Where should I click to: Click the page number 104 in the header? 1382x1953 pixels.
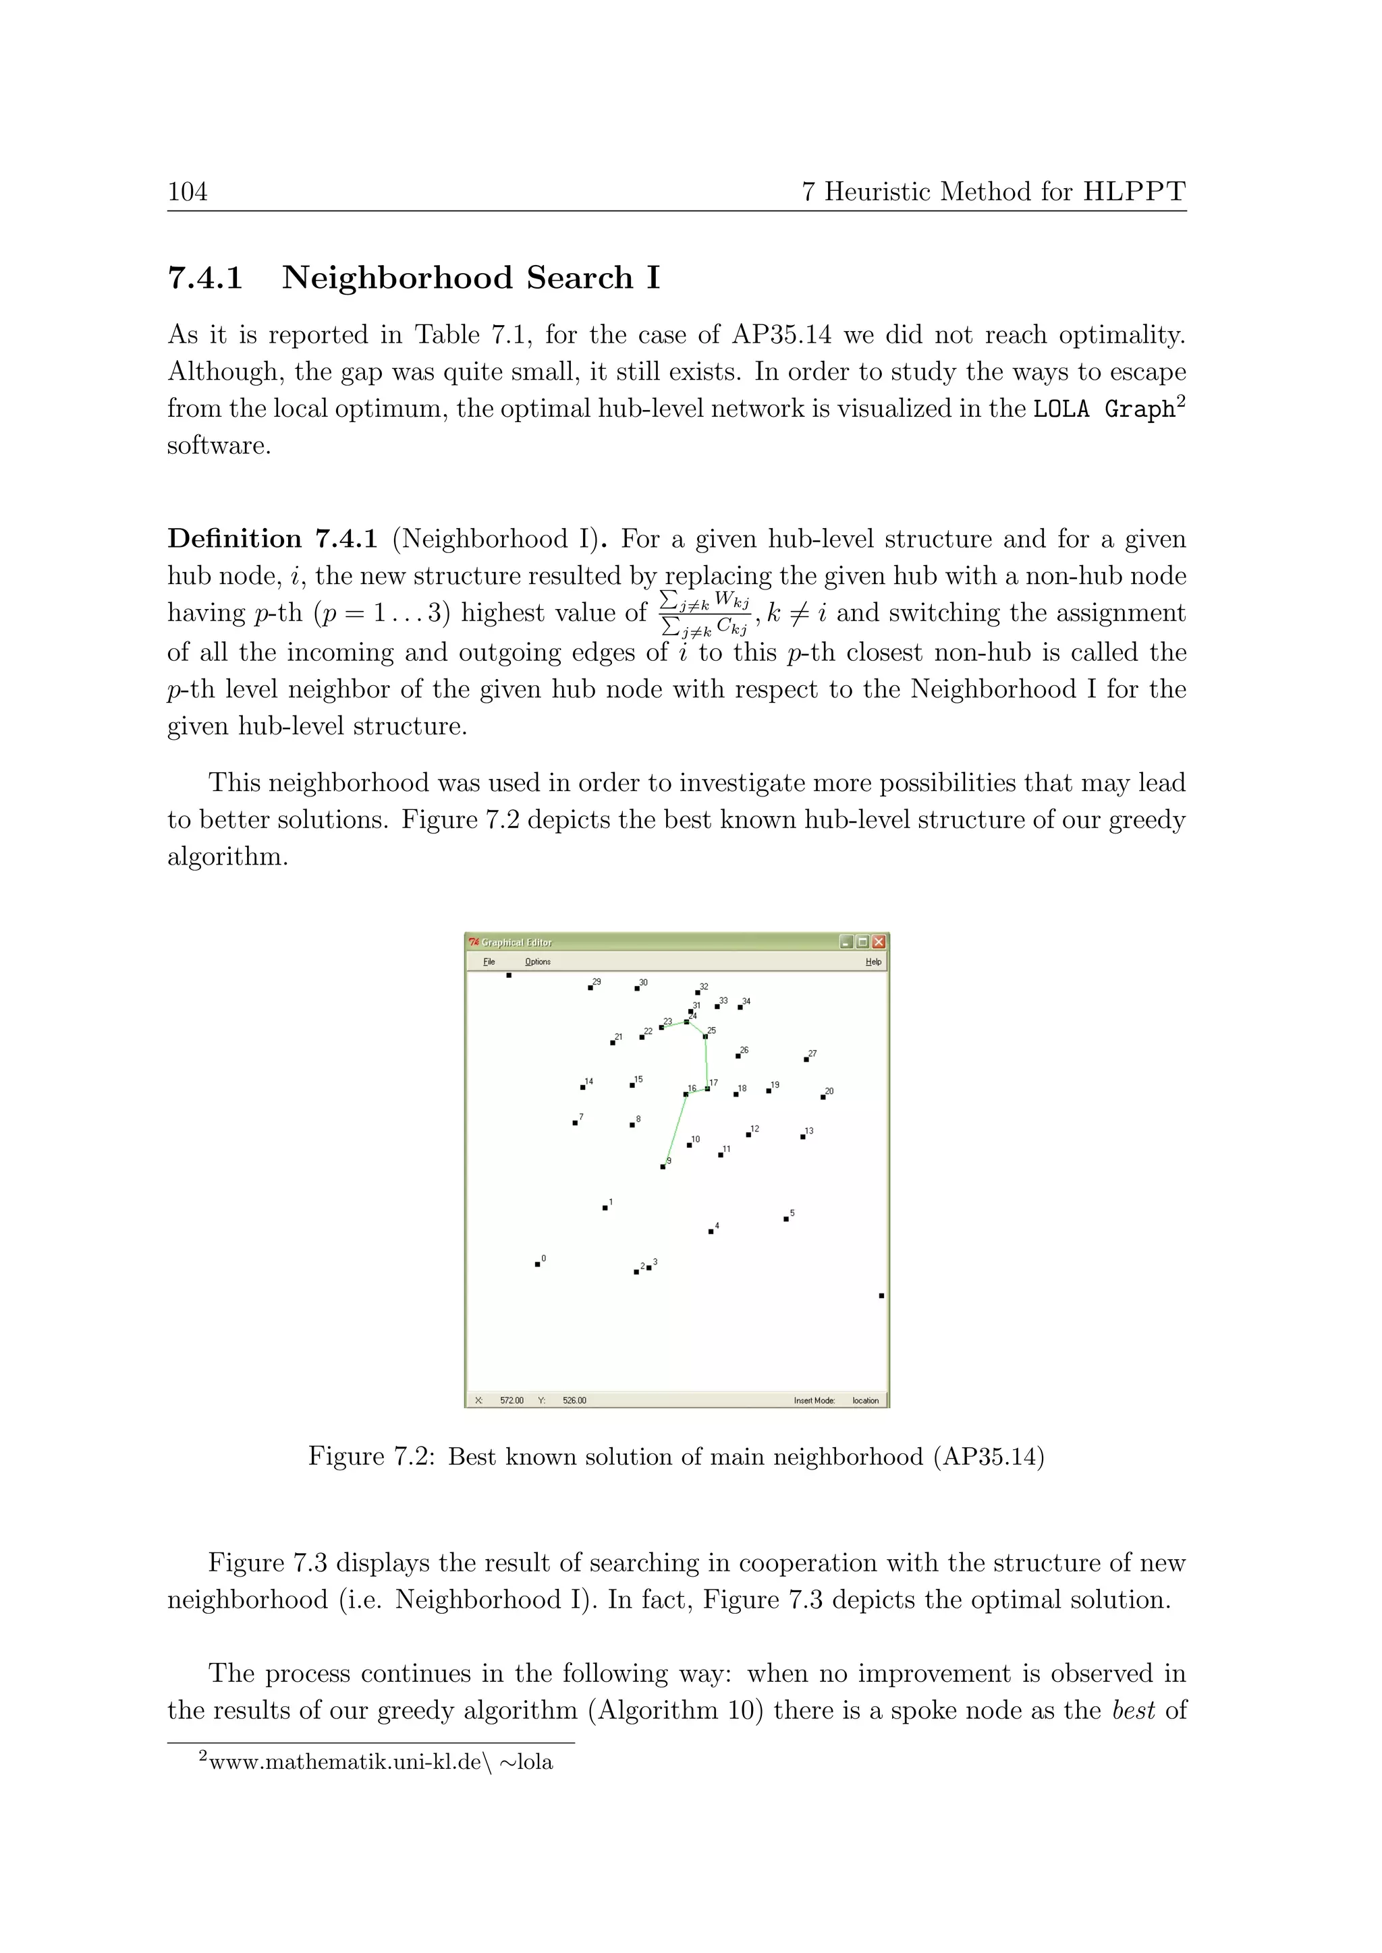tap(187, 192)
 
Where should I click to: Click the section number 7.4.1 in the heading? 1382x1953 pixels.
tap(205, 278)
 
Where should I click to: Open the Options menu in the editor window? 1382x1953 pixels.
tap(537, 962)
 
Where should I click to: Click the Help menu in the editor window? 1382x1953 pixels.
tap(873, 962)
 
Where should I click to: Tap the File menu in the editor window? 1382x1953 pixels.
tap(489, 962)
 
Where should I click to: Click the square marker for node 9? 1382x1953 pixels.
tap(663, 1167)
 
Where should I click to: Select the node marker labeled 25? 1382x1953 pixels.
tap(704, 1036)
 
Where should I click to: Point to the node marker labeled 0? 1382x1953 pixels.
tap(537, 1264)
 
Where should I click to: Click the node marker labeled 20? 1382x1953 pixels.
tap(823, 1097)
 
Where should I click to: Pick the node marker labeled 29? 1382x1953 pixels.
tap(590, 987)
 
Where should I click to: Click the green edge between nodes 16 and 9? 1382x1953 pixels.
tap(674, 1132)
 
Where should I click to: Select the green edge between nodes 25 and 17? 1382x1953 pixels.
tap(707, 1063)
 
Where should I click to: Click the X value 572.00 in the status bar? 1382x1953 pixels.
tap(512, 1401)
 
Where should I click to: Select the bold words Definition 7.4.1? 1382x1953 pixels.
tap(271, 540)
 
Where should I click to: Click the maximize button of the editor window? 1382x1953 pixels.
tap(862, 941)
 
